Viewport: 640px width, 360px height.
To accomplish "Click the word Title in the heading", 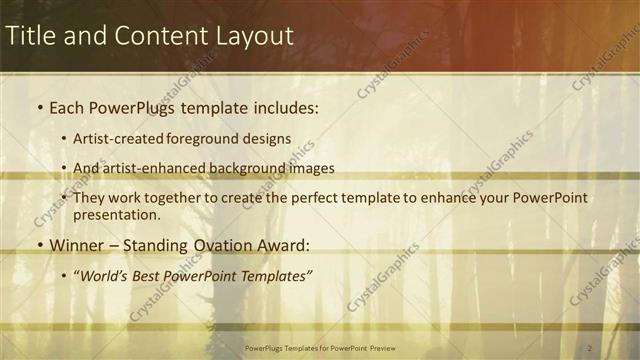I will point(30,36).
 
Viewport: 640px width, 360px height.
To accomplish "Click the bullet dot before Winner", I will point(39,245).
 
